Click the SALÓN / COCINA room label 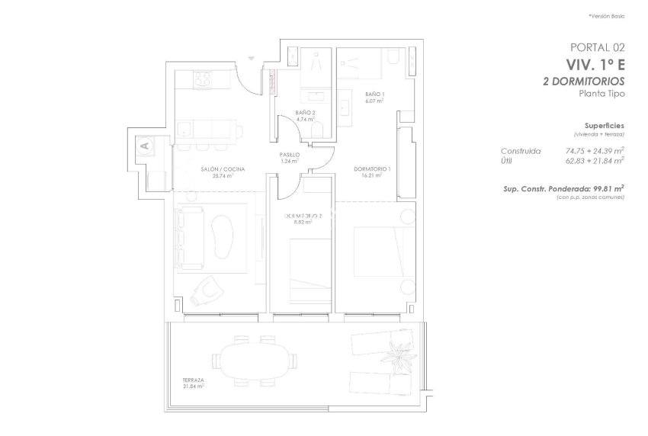pos(223,169)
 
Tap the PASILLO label pos(289,155)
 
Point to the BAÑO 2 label pos(306,112)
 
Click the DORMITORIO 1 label pos(373,169)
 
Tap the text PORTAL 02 pos(597,47)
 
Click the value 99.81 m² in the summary pos(606,188)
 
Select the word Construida pos(521,151)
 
